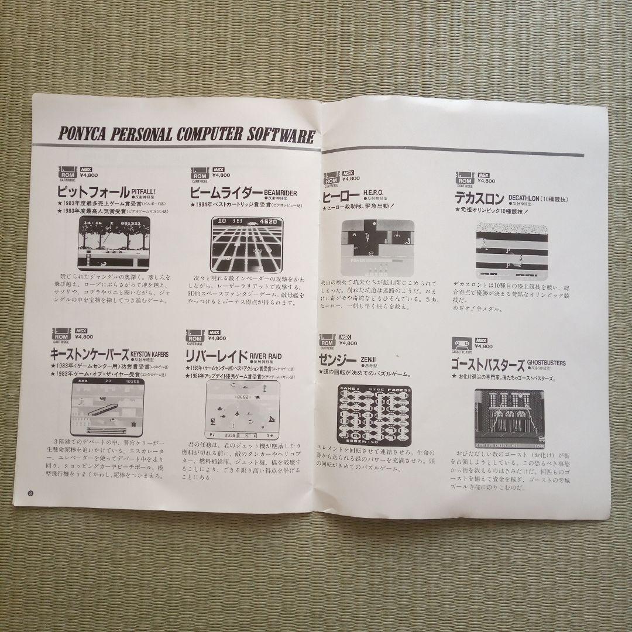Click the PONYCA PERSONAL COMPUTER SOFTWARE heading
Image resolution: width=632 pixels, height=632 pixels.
187,133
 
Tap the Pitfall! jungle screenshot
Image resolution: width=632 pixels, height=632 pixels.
114,243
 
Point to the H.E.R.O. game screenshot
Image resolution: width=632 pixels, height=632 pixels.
377,248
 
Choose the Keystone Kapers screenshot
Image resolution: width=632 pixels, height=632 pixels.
108,406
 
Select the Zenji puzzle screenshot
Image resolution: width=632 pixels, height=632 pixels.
375,414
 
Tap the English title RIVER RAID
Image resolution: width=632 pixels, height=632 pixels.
265,355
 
